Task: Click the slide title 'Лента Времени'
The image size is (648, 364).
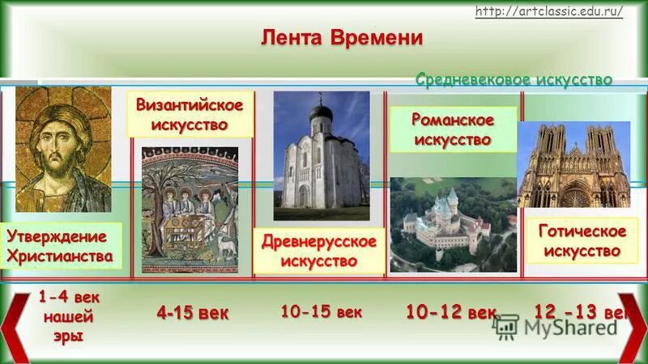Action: pos(341,37)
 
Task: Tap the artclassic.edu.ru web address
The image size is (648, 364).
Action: pos(548,11)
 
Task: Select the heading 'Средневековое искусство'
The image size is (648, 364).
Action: pos(514,79)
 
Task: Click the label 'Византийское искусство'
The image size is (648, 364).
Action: pos(189,115)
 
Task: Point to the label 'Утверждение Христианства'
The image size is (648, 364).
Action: pos(58,246)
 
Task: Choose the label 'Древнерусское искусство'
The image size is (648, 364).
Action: pos(318,252)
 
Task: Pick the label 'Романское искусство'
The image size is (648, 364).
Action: pos(453,129)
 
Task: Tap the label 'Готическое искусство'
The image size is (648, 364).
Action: pos(582,241)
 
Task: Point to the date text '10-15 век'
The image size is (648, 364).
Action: pos(322,311)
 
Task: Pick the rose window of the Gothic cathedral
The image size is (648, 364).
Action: pos(576,195)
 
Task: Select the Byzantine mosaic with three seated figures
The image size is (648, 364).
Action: pos(190,209)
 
